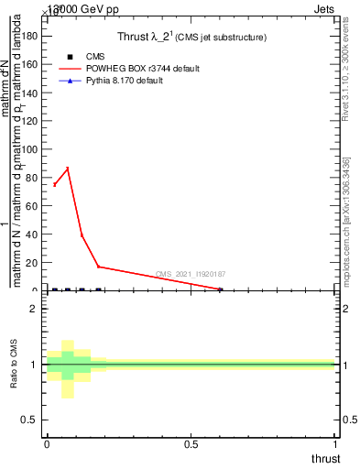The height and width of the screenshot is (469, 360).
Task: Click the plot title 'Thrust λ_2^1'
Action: (192, 38)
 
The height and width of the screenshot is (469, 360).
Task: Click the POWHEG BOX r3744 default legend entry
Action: (141, 69)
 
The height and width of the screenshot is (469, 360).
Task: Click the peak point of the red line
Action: (68, 169)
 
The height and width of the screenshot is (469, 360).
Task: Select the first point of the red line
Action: (54, 185)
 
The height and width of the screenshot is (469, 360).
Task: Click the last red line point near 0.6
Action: (220, 289)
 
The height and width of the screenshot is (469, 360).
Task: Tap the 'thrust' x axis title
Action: (324, 459)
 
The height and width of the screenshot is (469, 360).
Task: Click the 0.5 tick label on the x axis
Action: (191, 444)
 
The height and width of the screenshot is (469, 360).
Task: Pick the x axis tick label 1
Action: (335, 444)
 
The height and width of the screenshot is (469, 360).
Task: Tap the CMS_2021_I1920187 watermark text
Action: (191, 274)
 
